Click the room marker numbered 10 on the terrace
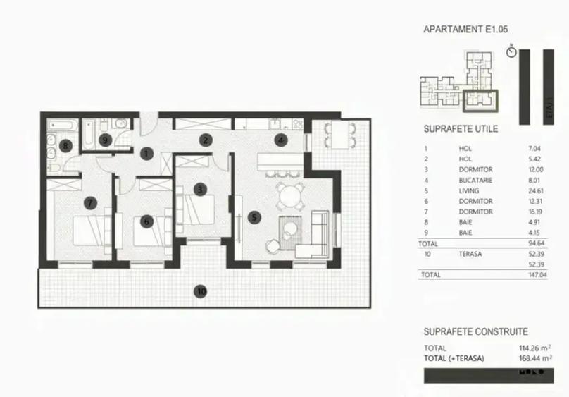(201, 291)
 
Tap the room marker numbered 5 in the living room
(254, 217)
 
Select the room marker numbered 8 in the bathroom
(66, 147)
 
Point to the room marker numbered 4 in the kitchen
(280, 139)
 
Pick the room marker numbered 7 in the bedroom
(146, 221)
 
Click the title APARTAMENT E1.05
(465, 30)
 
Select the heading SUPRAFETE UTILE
(461, 130)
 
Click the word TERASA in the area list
(469, 254)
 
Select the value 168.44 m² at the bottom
(533, 358)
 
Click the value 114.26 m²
(533, 348)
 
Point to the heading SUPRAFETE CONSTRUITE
(475, 331)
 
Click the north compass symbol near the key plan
(511, 51)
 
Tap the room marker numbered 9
(105, 140)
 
